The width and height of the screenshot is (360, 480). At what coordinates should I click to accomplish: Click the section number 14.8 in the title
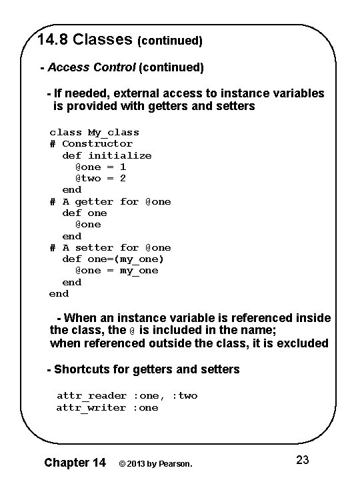click(x=53, y=39)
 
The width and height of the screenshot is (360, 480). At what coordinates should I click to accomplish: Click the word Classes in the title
click(x=103, y=39)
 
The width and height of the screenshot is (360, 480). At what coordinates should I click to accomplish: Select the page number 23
click(x=302, y=460)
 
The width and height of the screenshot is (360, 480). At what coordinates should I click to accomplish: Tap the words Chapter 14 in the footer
click(x=75, y=462)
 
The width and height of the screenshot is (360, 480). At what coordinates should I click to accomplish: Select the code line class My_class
click(x=94, y=132)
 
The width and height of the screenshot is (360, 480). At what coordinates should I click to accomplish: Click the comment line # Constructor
click(x=91, y=143)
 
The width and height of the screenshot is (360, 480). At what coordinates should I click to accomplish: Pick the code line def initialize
click(x=107, y=155)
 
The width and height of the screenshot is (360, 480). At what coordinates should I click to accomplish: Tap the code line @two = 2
click(x=100, y=178)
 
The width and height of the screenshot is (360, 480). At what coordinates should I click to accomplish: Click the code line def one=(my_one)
click(x=113, y=259)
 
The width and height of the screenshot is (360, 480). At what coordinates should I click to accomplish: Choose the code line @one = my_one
click(x=116, y=270)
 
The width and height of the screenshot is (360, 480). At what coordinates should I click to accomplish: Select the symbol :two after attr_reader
click(x=185, y=395)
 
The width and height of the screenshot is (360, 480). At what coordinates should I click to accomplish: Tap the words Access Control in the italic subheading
click(x=92, y=67)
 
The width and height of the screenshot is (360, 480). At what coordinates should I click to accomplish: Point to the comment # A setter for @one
click(x=110, y=247)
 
